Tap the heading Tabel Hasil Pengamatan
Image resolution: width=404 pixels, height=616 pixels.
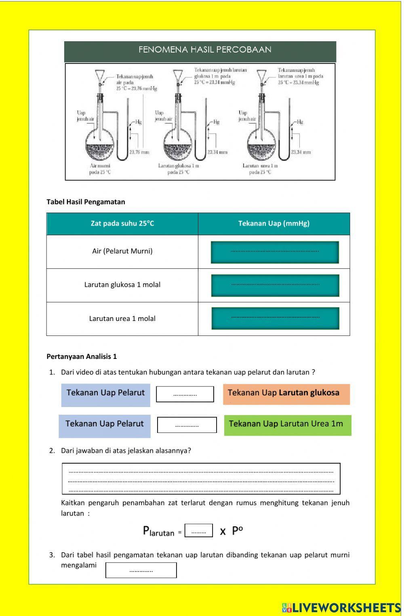point(86,202)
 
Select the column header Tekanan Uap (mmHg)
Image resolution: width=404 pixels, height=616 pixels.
point(274,223)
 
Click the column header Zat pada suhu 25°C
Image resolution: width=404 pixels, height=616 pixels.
point(122,223)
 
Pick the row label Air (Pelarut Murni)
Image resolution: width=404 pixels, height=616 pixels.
point(122,251)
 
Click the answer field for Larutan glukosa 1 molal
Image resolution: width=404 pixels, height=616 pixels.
point(275,285)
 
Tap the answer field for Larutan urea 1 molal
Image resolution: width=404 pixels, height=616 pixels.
point(275,318)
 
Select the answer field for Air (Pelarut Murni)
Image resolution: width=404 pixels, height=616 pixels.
point(275,252)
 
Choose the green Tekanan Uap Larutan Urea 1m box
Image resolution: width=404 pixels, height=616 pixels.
point(287,425)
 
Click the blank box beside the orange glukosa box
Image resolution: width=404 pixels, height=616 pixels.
point(185,394)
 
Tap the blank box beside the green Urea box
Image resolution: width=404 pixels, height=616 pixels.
point(187,425)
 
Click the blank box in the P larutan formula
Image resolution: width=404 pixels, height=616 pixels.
point(198,531)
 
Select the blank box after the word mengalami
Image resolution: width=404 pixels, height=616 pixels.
point(141,570)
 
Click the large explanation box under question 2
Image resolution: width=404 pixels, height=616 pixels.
point(201,479)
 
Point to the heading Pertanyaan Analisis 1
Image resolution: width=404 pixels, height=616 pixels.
point(82,357)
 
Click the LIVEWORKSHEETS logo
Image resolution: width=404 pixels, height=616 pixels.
point(342,607)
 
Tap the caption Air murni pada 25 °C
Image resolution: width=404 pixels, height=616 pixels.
point(100,169)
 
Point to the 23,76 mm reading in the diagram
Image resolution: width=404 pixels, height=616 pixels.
point(139,152)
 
